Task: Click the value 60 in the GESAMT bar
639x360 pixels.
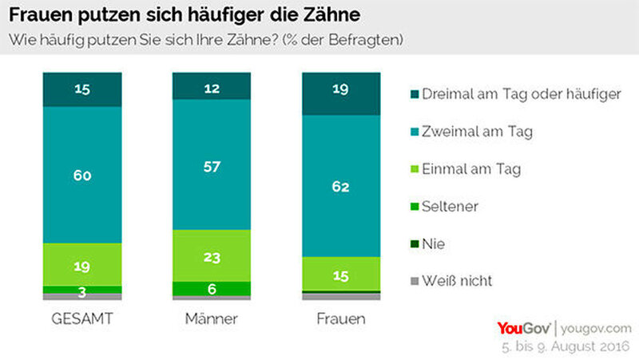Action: [x=81, y=173]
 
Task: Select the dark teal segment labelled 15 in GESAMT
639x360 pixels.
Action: [x=81, y=88]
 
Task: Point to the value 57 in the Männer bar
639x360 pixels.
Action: [x=212, y=167]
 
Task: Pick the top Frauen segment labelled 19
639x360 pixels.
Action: [x=341, y=92]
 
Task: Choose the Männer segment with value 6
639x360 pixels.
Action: [x=212, y=288]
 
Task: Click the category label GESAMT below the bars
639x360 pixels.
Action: [x=81, y=319]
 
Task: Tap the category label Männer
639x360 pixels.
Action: [x=212, y=319]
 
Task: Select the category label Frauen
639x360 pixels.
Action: [x=341, y=319]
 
